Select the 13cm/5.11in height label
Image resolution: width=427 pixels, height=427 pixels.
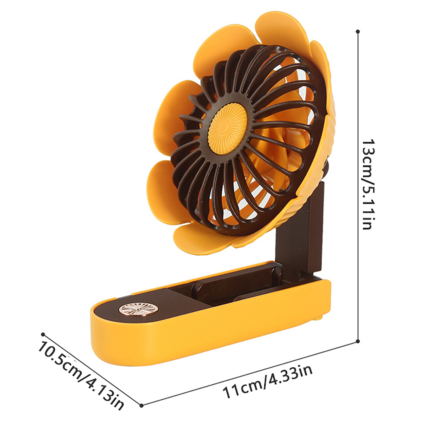370,184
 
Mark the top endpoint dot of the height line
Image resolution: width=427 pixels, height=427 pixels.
358,31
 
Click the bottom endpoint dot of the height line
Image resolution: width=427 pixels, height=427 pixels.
358,341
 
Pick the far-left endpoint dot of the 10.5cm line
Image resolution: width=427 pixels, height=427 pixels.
43,334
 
